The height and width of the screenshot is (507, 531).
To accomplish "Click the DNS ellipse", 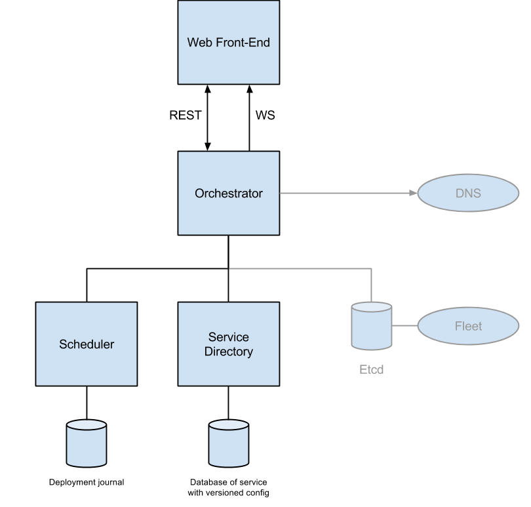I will pos(467,193).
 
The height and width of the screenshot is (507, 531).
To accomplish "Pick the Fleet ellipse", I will pos(467,326).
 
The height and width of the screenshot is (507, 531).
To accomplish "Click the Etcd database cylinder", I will pos(371,326).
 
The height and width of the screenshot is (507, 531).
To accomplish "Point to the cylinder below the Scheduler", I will pos(87,444).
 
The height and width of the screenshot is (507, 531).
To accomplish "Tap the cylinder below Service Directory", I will pos(229,444).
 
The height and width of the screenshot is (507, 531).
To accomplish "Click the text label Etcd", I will pos(371,370).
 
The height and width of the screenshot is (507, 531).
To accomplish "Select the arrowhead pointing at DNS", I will pos(413,193).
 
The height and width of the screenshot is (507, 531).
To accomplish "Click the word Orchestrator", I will pos(228,193).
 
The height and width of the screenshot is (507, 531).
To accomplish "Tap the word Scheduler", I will pos(86,344).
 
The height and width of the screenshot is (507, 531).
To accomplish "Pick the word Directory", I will pos(228,352).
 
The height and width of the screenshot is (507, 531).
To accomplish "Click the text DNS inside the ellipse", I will pos(467,193).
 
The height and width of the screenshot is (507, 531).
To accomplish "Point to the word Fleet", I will pos(467,326).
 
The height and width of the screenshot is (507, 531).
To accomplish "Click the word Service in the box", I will pos(228,337).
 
